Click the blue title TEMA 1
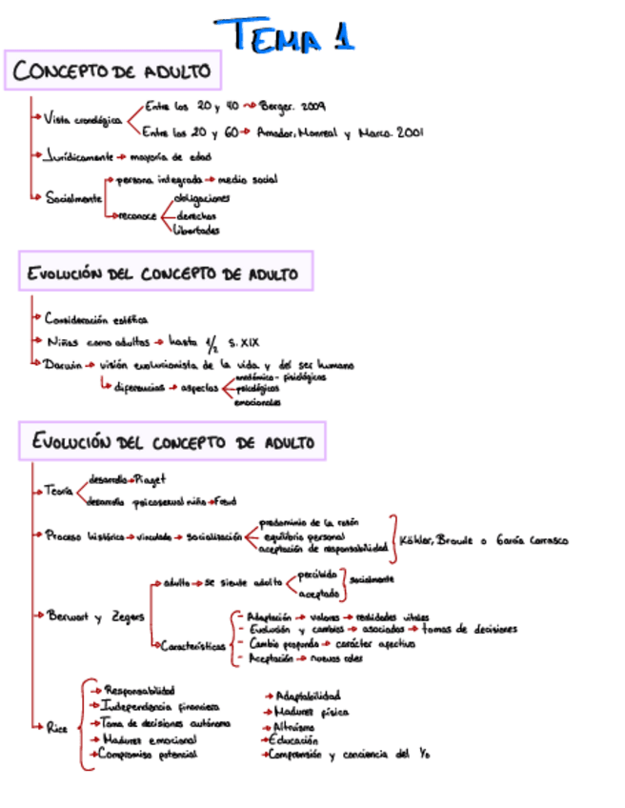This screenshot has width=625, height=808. point(283,35)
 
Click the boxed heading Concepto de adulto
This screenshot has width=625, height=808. point(112,71)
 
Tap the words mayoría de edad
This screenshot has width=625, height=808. point(171,156)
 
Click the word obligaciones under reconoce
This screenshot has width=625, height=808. point(201,198)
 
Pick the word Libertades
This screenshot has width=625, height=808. point(196,230)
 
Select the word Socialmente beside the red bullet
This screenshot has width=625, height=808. point(73,198)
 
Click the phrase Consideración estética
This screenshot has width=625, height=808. point(96,320)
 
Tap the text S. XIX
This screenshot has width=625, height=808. point(245,341)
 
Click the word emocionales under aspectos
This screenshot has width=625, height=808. point(257,402)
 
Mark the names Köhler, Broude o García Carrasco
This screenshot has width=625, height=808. point(483,540)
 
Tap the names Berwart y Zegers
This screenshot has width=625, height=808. point(95,616)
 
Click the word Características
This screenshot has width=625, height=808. point(192,645)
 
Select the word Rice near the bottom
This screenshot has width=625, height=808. point(56,727)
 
